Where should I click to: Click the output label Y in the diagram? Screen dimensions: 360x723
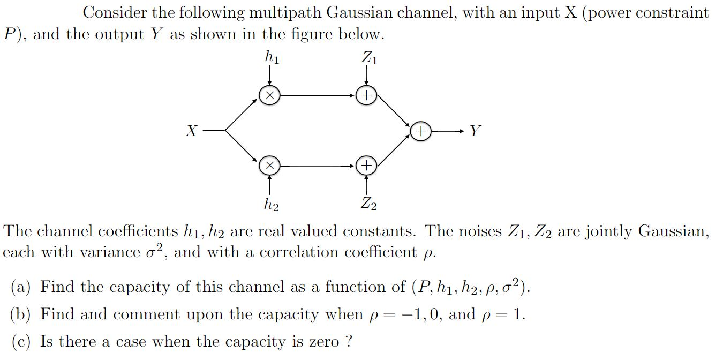tap(475, 130)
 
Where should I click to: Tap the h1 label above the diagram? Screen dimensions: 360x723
tap(272, 56)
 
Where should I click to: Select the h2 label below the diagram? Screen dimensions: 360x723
tap(271, 204)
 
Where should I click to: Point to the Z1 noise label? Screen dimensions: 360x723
tap(369, 56)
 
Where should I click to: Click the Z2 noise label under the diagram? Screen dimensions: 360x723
tap(368, 204)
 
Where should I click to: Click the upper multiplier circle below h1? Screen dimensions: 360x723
tap(269, 95)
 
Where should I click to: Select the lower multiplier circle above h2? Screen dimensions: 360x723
tap(269, 166)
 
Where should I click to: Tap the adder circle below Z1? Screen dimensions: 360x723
tap(366, 95)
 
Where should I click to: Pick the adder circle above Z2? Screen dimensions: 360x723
tap(366, 166)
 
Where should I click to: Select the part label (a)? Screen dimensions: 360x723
tap(21, 288)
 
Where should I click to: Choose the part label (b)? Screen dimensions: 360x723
tap(21, 314)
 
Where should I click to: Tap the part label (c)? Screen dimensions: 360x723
tap(21, 342)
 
